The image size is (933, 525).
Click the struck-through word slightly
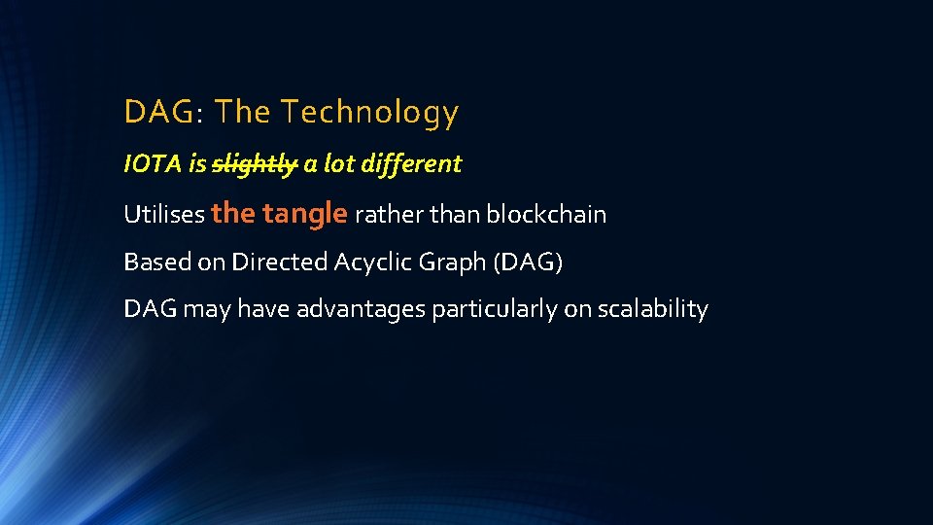pos(255,164)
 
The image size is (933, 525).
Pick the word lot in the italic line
pos(338,164)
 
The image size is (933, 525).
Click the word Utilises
pos(163,214)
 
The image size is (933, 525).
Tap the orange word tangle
pos(305,213)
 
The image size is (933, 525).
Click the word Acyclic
pos(373,262)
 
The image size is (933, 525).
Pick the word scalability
pos(653,309)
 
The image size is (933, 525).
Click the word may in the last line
pos(206,309)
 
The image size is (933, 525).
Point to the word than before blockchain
pos(455,214)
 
